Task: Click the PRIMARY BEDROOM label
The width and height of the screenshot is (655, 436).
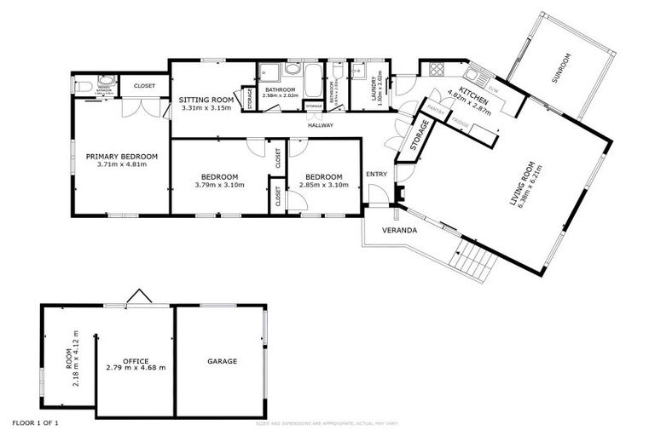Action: coord(122,156)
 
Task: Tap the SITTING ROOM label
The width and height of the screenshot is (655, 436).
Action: coord(206,100)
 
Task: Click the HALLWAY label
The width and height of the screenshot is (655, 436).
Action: coord(321,125)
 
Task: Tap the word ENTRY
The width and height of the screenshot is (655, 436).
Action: coord(376,174)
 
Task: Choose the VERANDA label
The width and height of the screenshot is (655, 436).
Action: coord(398,231)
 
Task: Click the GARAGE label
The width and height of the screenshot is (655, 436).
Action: coord(222,361)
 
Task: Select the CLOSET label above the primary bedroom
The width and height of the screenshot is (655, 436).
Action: coord(144,85)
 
